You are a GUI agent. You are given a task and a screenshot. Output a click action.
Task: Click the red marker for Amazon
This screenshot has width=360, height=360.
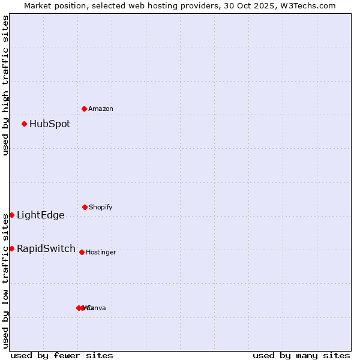[x=84, y=109]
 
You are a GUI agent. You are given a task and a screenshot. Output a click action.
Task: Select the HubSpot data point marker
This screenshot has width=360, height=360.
[x=24, y=124]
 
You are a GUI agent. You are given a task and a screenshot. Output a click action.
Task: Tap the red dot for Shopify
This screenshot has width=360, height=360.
[x=85, y=207]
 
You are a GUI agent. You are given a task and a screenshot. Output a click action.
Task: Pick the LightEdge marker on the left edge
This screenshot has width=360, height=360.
[x=11, y=215]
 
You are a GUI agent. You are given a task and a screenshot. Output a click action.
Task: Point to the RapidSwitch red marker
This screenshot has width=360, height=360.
[x=11, y=248]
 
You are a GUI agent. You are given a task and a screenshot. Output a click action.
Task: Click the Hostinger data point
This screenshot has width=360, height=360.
[x=82, y=252]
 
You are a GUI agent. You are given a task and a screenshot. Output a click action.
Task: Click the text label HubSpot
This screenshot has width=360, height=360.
[x=50, y=124]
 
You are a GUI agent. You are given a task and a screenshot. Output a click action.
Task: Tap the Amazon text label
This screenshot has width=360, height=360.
[x=101, y=109]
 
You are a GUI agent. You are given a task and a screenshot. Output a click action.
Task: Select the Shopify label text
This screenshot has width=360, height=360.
[x=101, y=207]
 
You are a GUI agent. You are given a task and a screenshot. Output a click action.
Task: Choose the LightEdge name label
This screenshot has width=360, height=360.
[x=41, y=215]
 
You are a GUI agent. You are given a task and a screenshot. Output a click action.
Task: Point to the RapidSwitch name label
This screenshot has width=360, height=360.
[x=46, y=249]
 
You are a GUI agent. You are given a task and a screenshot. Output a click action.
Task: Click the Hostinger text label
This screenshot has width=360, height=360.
[x=101, y=252]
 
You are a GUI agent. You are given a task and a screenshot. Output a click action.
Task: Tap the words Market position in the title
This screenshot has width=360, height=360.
[x=52, y=5]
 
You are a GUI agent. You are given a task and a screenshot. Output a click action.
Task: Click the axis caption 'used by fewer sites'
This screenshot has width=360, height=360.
[x=62, y=355]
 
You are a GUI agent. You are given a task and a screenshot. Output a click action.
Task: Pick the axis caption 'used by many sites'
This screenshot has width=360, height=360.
[x=301, y=355]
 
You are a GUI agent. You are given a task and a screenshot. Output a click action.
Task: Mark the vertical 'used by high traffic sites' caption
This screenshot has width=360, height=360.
[x=5, y=85]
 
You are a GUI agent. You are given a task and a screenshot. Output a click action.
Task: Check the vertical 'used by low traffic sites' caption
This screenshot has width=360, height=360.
[x=5, y=281]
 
